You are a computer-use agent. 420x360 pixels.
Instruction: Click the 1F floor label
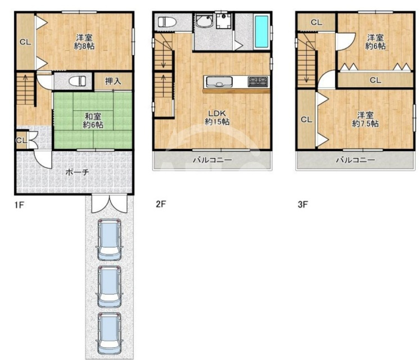coord(19,205)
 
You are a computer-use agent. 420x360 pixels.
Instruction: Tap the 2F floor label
coord(161,204)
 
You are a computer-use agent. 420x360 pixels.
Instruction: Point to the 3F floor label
coord(302,205)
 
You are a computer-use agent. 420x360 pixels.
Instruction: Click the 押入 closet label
coord(113,81)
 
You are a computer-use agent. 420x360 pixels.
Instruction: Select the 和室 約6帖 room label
coord(93,120)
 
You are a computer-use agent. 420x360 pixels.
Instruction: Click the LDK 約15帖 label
coord(217,118)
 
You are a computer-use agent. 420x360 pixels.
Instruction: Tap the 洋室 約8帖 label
coord(84,42)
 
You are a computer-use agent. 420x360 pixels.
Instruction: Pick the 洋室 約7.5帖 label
coord(365,120)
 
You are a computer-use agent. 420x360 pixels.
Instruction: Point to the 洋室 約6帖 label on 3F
coord(375,42)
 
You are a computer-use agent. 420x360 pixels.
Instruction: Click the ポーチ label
coord(77,172)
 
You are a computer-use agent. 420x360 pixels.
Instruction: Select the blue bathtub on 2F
coord(261,31)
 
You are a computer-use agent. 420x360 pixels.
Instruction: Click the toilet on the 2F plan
coord(167,22)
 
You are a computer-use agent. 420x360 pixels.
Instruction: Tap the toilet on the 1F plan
coord(78,81)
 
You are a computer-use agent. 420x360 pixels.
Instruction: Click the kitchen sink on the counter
coord(219,82)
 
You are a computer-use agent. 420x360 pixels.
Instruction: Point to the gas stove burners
coord(258,82)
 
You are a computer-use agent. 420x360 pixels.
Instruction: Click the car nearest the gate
coord(109,240)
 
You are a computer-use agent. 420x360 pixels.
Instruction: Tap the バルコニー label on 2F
coord(213,160)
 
